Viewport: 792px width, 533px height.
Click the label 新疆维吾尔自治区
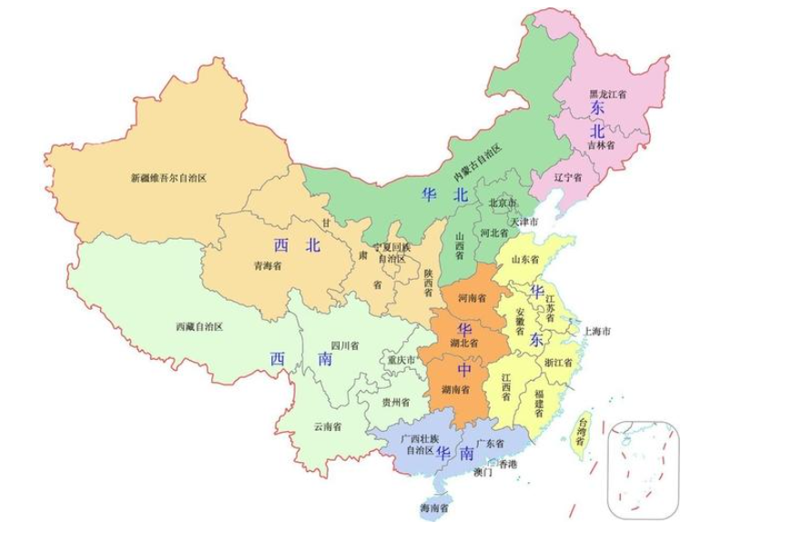click(x=168, y=179)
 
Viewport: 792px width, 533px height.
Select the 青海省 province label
click(x=269, y=267)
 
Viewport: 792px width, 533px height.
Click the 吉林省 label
click(x=600, y=145)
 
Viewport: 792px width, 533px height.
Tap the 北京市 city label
click(x=503, y=202)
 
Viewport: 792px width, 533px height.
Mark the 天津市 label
click(x=523, y=221)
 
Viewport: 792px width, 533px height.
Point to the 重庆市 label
click(x=401, y=361)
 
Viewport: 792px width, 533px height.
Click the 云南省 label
click(x=327, y=425)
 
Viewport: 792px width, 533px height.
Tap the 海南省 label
click(x=435, y=507)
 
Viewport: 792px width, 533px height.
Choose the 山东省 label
click(x=525, y=260)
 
